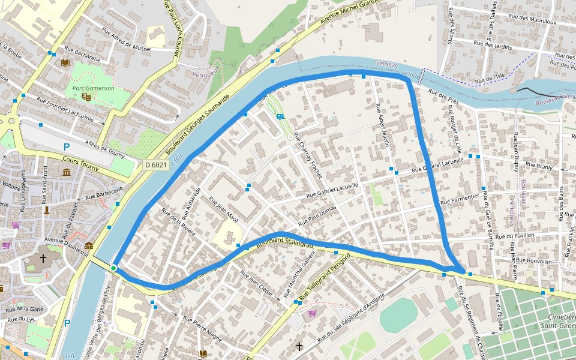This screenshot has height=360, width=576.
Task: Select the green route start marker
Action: coord(113,268)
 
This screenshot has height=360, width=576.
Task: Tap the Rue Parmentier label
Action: coord(460,199)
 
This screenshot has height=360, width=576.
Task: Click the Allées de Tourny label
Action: coord(105,147)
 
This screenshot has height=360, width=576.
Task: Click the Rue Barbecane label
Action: coord(103,192)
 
